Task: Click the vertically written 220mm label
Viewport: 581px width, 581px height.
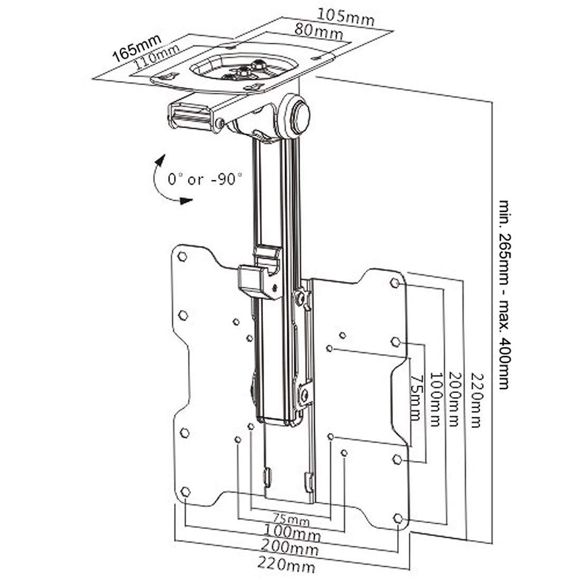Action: coord(476,401)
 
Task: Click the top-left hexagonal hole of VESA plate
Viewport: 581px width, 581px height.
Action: coord(182,256)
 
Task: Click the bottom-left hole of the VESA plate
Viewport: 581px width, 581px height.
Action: coord(185,491)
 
